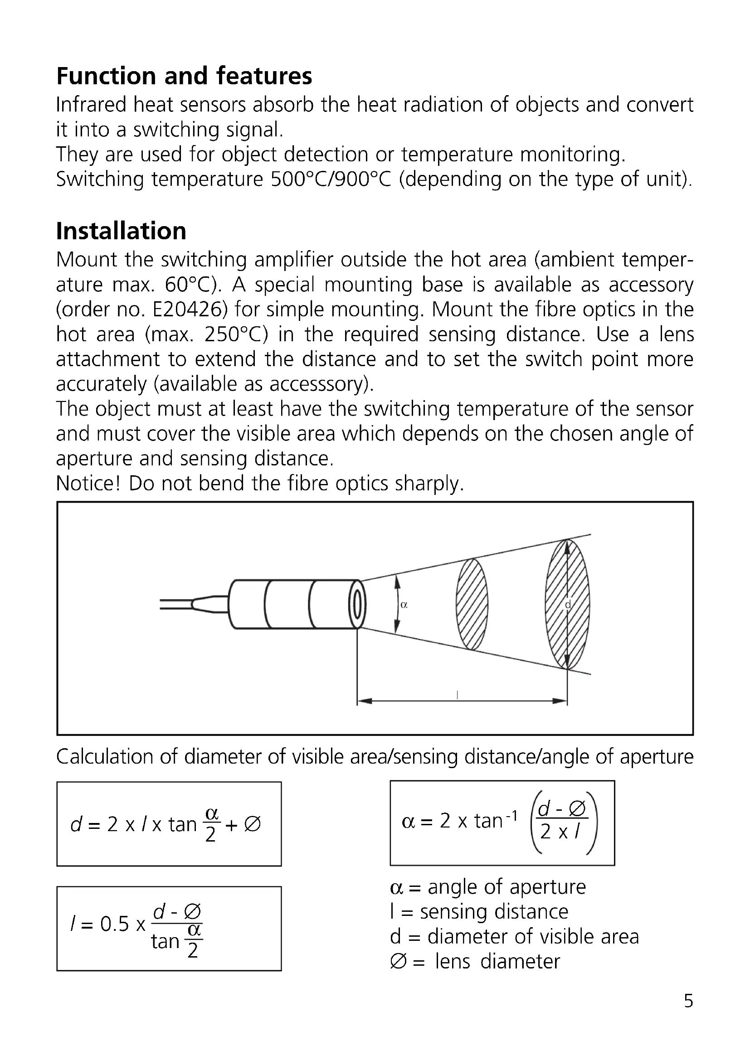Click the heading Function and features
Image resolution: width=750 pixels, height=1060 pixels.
184,76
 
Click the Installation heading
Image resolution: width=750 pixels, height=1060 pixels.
121,231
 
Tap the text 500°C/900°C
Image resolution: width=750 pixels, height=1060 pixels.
331,179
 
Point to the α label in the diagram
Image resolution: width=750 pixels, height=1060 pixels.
404,605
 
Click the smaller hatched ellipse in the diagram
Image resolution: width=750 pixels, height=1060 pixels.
472,605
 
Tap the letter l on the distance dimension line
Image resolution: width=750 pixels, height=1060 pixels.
457,694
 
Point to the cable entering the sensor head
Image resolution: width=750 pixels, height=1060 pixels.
180,605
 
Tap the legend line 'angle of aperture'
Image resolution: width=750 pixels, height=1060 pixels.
488,887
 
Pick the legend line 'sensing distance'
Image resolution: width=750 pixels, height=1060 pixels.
479,912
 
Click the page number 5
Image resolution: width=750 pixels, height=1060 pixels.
688,1001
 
